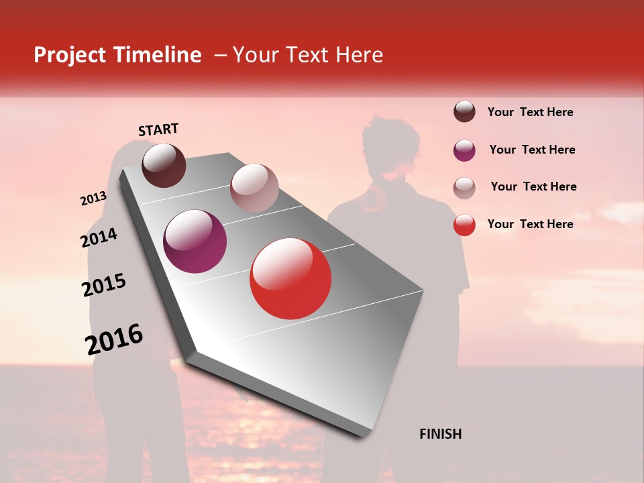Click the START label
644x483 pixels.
158,129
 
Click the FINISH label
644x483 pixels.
440,434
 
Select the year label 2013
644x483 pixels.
93,199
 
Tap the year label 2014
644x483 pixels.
99,238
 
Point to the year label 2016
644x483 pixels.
114,339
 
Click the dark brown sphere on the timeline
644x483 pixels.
164,165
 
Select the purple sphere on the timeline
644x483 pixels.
195,241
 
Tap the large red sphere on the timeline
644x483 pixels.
290,278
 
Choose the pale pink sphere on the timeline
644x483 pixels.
254,187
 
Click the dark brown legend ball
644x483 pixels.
464,112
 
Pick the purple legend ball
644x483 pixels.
464,150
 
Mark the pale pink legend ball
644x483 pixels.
464,188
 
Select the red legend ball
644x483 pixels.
464,225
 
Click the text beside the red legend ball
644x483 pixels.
530,224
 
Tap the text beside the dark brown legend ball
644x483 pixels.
530,112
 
